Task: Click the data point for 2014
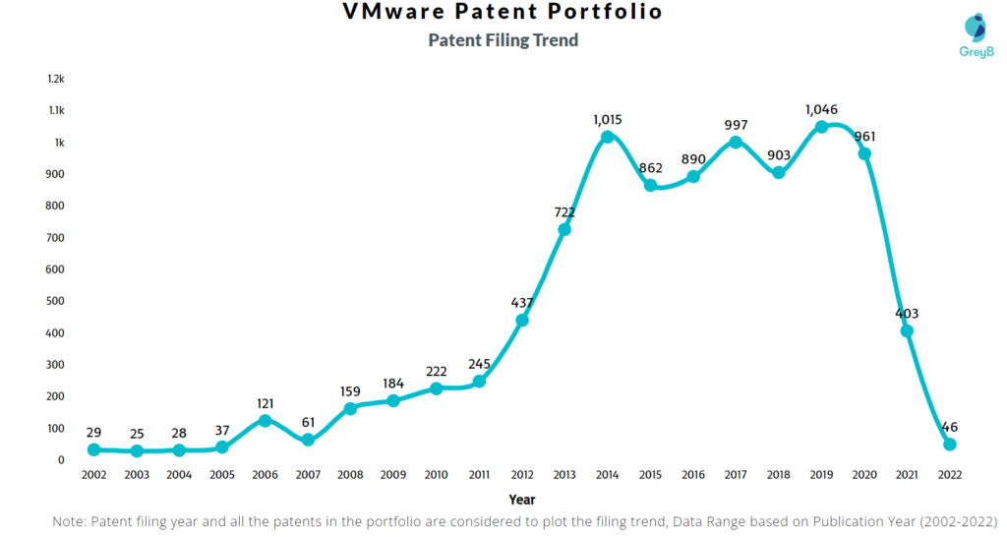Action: [607, 137]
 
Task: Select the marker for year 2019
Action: [821, 127]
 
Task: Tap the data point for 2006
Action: [265, 420]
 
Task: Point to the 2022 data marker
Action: [949, 445]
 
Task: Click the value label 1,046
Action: [821, 108]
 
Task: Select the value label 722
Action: [564, 211]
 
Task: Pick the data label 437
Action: [521, 302]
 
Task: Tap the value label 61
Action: [308, 422]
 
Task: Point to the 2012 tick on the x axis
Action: [521, 474]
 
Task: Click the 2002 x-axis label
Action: [93, 474]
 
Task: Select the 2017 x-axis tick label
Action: [736, 474]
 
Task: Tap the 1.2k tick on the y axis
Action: [56, 79]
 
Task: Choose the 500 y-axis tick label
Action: [56, 301]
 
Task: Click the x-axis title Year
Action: [521, 500]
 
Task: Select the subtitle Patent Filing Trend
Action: [503, 40]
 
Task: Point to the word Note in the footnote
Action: [70, 520]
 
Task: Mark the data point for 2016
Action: [692, 177]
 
